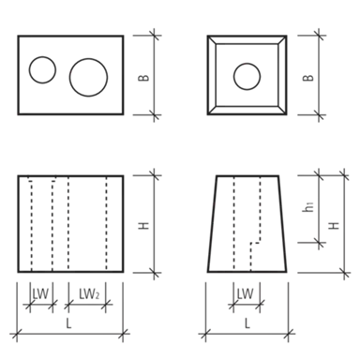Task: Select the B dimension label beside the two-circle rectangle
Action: pos(143,77)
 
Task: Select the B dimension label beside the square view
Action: pos(308,77)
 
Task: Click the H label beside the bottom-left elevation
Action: pos(143,225)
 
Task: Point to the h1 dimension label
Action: pos(308,207)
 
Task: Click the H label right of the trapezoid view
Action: pos(334,225)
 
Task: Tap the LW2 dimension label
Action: pos(89,294)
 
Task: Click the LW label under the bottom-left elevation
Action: pos(41,294)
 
